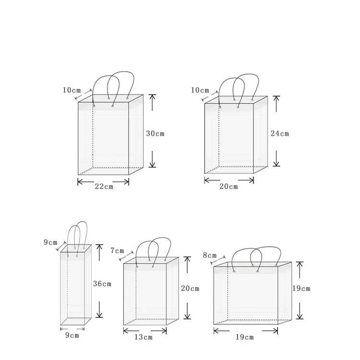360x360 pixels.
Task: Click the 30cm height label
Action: [155, 133]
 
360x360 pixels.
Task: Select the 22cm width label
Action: [103, 187]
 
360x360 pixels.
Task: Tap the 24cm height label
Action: [280, 133]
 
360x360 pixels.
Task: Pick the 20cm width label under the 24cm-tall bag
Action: [228, 187]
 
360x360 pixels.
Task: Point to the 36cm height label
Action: [102, 284]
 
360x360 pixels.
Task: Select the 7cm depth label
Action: [117, 251]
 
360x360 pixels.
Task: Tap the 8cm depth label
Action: [209, 255]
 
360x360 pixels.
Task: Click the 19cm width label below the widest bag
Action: [245, 337]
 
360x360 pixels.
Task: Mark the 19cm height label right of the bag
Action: [301, 288]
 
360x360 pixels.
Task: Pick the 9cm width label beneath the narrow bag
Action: [72, 336]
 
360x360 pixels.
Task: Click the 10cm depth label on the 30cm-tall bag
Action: [72, 90]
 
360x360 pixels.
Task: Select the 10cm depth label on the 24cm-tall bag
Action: [200, 90]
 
